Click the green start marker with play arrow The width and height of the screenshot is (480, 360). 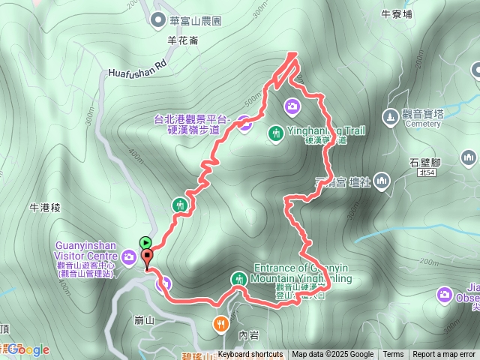pos(145,242)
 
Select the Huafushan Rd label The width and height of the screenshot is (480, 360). pos(135,72)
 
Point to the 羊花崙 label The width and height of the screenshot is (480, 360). pos(183,40)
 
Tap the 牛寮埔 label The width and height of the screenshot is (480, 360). pos(397,13)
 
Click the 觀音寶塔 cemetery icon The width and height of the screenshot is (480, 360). pos(389,116)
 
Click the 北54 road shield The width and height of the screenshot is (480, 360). pos(427,173)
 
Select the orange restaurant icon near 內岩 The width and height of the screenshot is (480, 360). pos(220,323)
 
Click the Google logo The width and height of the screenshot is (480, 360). pos(28,349)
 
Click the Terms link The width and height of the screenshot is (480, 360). pos(393,355)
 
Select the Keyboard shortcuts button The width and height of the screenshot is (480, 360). pos(250,355)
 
